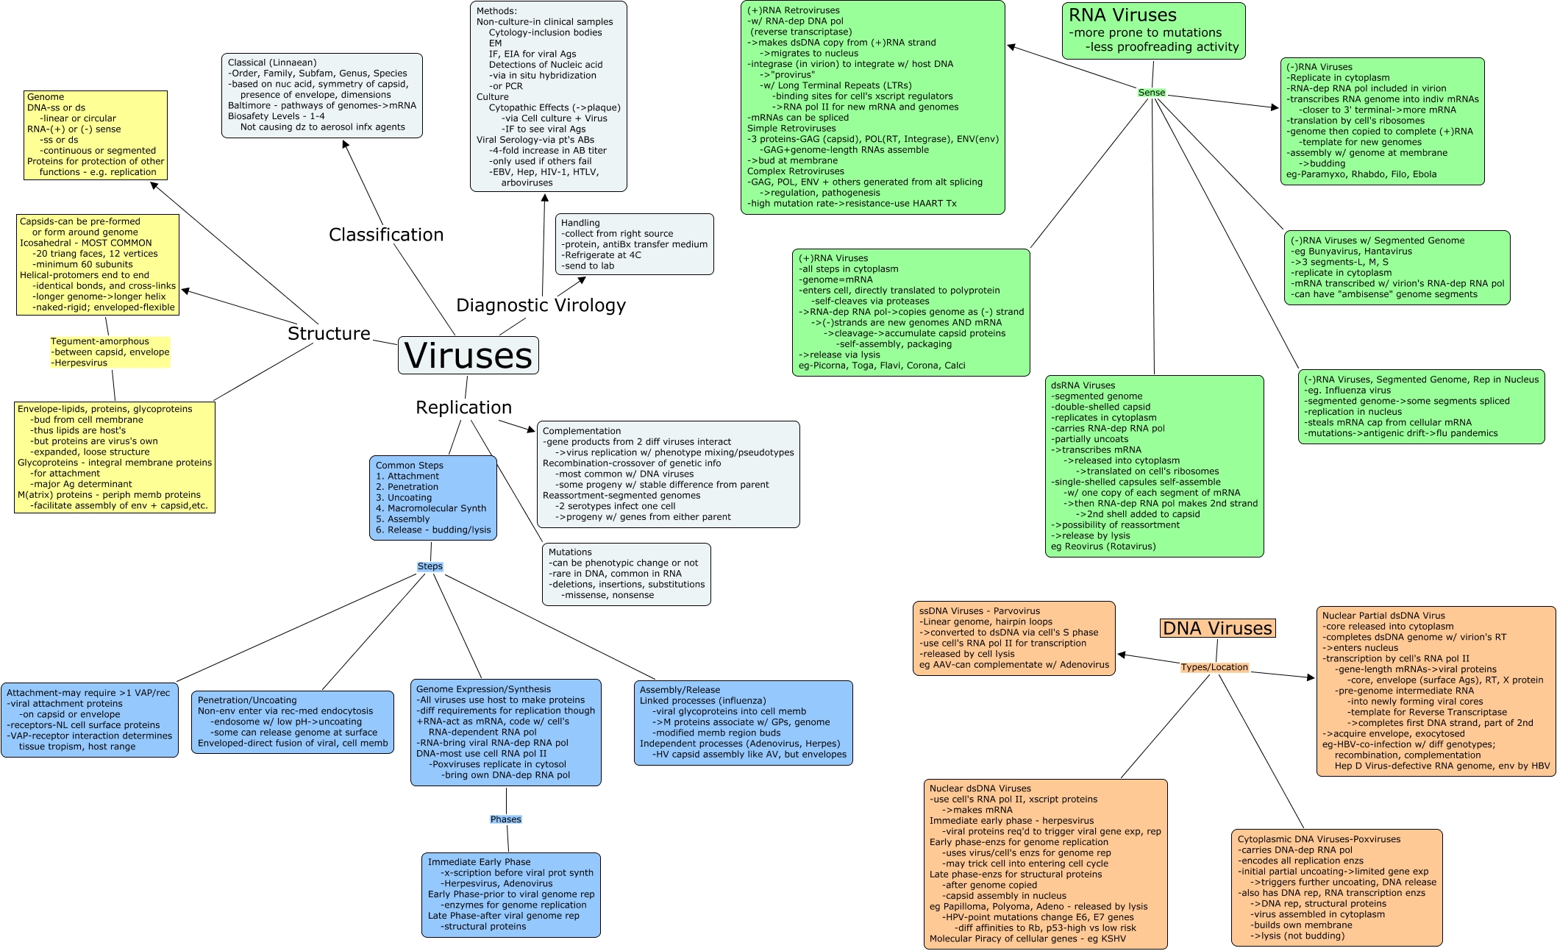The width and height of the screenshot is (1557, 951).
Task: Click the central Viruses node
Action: (x=468, y=356)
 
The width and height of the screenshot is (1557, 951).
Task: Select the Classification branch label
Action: (x=386, y=235)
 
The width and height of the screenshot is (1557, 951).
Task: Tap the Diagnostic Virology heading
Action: (x=541, y=305)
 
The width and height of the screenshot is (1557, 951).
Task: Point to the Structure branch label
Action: (x=329, y=333)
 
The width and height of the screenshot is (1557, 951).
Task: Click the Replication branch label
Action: (x=463, y=407)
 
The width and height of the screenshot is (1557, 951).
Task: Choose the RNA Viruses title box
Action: (x=1153, y=31)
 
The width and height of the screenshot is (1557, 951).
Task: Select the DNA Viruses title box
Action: (x=1217, y=628)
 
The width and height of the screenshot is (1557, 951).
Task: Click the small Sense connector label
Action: (x=1151, y=93)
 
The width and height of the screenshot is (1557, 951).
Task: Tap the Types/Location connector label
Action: (x=1214, y=667)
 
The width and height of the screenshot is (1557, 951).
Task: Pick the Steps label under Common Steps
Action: (x=430, y=566)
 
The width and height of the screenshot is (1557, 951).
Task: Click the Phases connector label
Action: (x=505, y=819)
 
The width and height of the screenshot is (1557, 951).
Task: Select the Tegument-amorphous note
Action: (x=110, y=352)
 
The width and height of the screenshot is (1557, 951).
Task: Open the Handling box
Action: (x=634, y=244)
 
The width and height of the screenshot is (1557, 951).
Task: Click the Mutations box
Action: (x=626, y=574)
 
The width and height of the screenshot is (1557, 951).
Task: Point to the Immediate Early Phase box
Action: (x=510, y=894)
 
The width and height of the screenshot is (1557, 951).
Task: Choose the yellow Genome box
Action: (x=96, y=135)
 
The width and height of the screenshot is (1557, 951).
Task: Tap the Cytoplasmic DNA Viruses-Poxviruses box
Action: (x=1336, y=887)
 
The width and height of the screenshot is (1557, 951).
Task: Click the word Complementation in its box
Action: (x=582, y=431)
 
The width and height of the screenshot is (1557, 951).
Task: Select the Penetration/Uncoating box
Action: (x=292, y=722)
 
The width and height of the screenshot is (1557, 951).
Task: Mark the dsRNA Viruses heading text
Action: (x=1083, y=385)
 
